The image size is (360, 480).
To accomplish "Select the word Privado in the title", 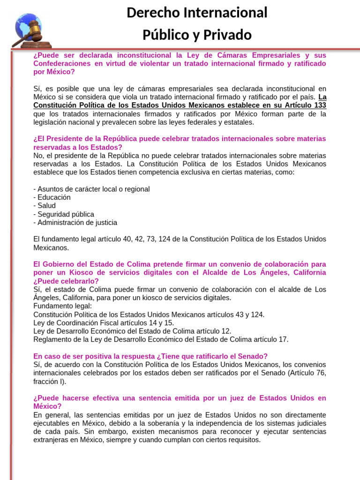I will tap(229, 35).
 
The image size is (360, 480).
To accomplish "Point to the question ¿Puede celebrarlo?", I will tap(66, 281).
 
